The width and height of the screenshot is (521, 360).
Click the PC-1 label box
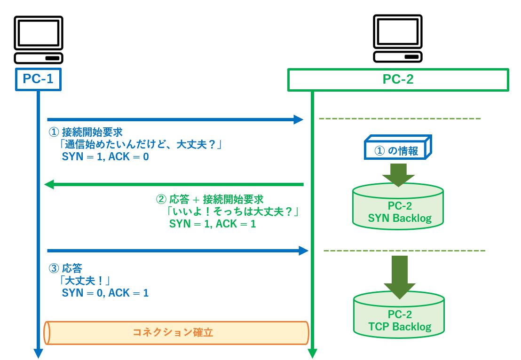coord(38,79)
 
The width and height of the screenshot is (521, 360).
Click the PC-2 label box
coord(398,79)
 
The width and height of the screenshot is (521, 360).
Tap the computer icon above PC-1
coord(38,39)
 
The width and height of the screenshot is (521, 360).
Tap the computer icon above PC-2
coord(398,39)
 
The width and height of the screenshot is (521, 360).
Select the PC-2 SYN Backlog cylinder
coord(398,207)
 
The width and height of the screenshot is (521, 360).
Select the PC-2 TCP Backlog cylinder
coord(398,315)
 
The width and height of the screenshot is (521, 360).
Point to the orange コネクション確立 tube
coord(176,333)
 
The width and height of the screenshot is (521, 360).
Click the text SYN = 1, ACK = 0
coord(105,157)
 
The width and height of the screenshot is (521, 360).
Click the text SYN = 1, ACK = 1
coord(213,224)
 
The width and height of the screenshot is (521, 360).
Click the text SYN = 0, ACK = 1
coord(105,293)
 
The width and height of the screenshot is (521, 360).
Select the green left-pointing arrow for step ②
coord(174,185)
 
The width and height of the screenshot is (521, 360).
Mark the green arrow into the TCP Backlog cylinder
coord(398,277)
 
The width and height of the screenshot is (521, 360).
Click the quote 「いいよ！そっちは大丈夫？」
coord(233,212)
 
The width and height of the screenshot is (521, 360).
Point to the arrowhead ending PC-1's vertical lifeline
coord(38,353)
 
